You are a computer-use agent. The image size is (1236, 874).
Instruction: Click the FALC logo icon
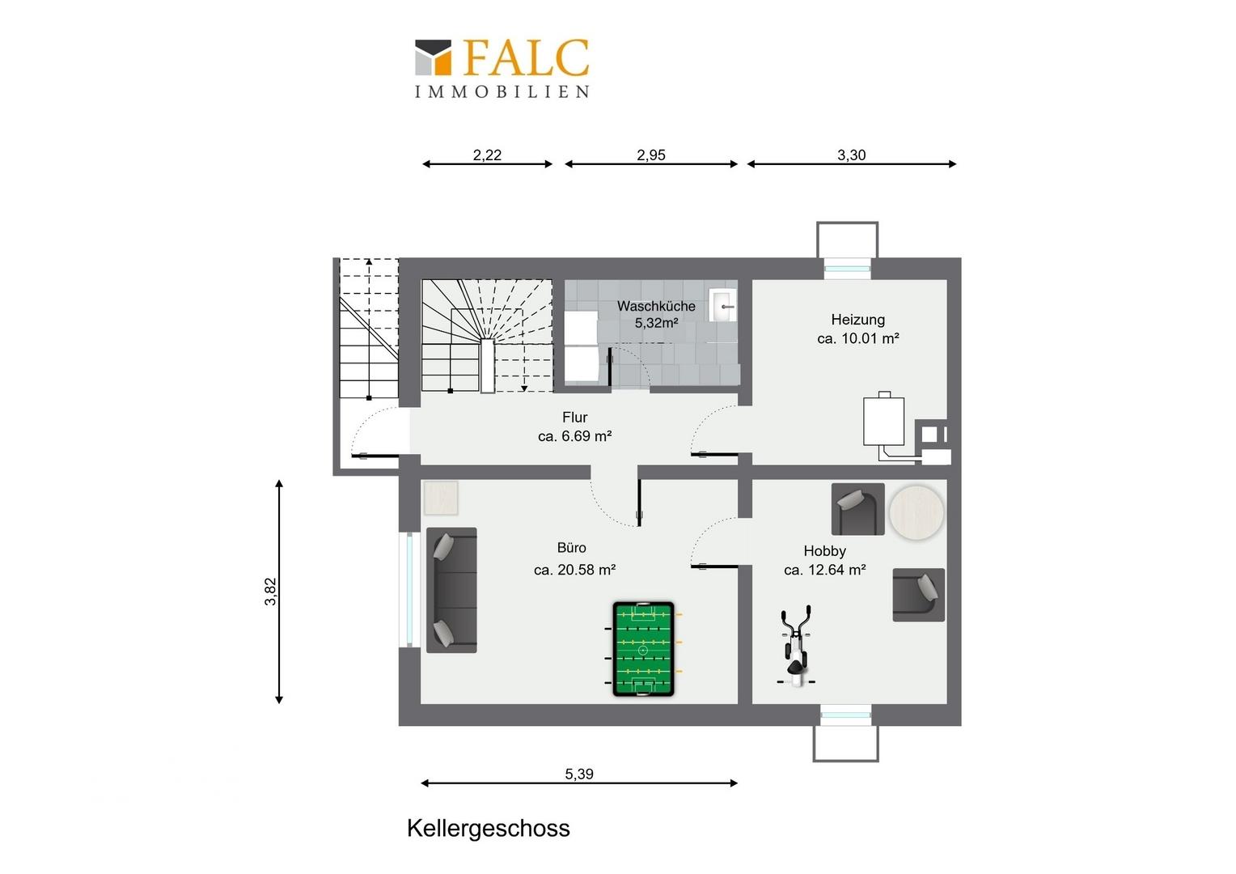click(433, 57)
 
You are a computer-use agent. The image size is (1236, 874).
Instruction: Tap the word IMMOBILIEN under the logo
click(502, 91)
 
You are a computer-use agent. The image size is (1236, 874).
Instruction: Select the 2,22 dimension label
click(487, 155)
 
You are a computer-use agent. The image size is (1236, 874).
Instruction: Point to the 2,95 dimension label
click(651, 155)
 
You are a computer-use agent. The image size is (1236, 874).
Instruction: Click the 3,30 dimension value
click(852, 155)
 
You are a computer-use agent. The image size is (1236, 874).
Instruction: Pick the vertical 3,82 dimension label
click(270, 592)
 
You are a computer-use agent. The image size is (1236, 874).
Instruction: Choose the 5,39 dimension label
click(579, 774)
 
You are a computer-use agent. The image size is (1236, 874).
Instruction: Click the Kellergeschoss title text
click(489, 828)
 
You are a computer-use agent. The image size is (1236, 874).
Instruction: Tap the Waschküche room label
click(656, 306)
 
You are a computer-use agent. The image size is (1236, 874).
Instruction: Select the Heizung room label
click(858, 320)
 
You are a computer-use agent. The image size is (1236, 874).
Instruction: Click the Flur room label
click(575, 417)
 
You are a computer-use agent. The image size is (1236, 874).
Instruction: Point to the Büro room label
click(572, 548)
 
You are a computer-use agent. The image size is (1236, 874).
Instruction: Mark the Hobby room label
click(824, 551)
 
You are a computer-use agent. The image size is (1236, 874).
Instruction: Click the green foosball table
click(643, 649)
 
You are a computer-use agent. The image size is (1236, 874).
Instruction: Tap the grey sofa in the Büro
click(451, 590)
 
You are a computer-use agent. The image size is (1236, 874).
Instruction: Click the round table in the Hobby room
click(916, 511)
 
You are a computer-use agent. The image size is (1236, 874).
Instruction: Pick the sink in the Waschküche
click(722, 305)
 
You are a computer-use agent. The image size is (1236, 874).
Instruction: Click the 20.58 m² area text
click(574, 570)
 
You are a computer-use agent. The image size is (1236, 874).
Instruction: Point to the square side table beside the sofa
click(440, 498)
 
